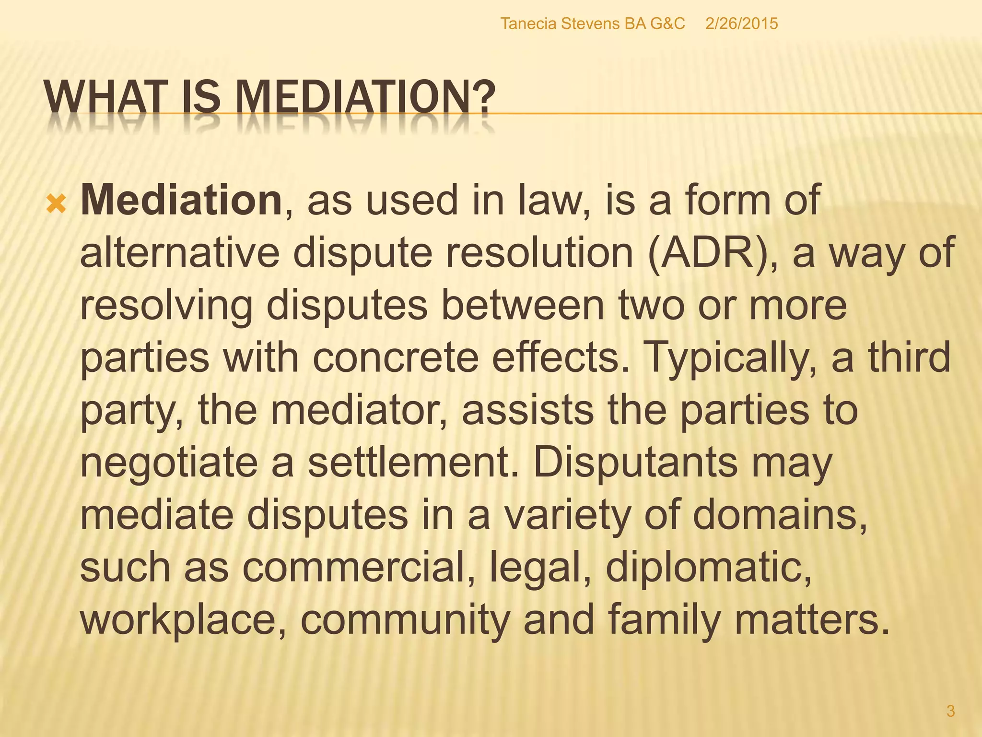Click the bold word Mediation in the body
click(x=181, y=200)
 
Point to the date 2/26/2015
click(x=741, y=24)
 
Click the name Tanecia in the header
click(x=528, y=24)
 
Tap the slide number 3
click(x=950, y=711)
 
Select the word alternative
click(x=179, y=253)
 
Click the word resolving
click(x=166, y=306)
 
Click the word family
click(x=665, y=620)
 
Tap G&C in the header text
click(x=667, y=24)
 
